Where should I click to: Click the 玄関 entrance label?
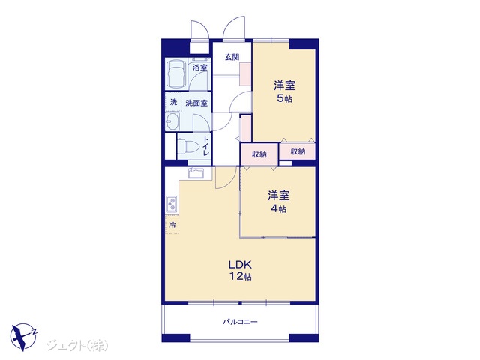[x=232, y=57]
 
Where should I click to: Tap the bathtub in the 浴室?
[x=177, y=73]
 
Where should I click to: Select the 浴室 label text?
[x=200, y=67]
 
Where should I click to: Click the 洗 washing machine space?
[x=173, y=102]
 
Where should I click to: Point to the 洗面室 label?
[x=196, y=103]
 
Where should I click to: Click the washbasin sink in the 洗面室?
[x=172, y=121]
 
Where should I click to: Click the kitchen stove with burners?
[x=172, y=204]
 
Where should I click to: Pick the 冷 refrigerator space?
[x=172, y=225]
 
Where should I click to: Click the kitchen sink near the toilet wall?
[x=196, y=173]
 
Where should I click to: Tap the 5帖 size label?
[x=284, y=98]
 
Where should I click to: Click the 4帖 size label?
[x=278, y=208]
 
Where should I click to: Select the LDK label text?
[x=240, y=264]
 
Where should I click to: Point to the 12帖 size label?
[x=241, y=277]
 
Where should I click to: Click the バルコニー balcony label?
[x=240, y=322]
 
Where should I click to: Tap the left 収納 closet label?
[x=259, y=154]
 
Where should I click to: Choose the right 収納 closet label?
[x=298, y=151]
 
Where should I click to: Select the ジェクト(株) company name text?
[x=77, y=345]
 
